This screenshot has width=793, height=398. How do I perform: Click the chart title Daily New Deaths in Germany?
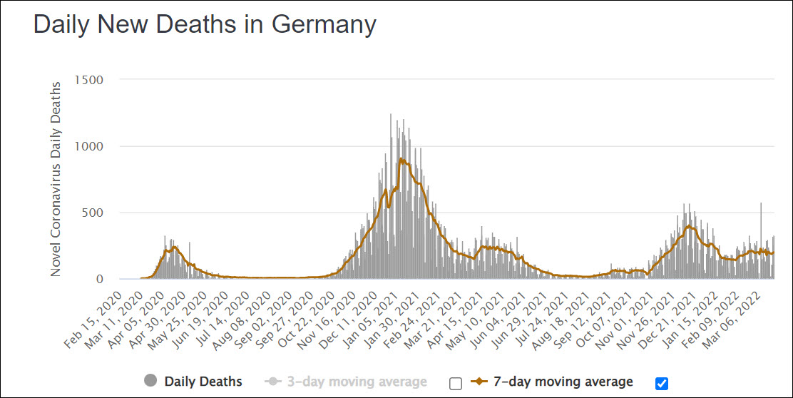pos(205,25)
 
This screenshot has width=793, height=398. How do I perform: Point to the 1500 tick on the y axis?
pos(89,80)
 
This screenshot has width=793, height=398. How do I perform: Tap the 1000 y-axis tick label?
pos(89,146)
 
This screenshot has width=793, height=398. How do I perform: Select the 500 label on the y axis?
pos(93,213)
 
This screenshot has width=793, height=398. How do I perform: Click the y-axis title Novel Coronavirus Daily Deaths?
pos(56,178)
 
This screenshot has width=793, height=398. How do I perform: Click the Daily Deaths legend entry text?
pos(203,382)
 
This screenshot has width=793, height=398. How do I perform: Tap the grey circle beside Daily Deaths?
pos(150,382)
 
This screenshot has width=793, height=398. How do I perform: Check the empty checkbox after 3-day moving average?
pos(456,383)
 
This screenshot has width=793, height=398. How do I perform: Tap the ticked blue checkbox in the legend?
pos(661,383)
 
